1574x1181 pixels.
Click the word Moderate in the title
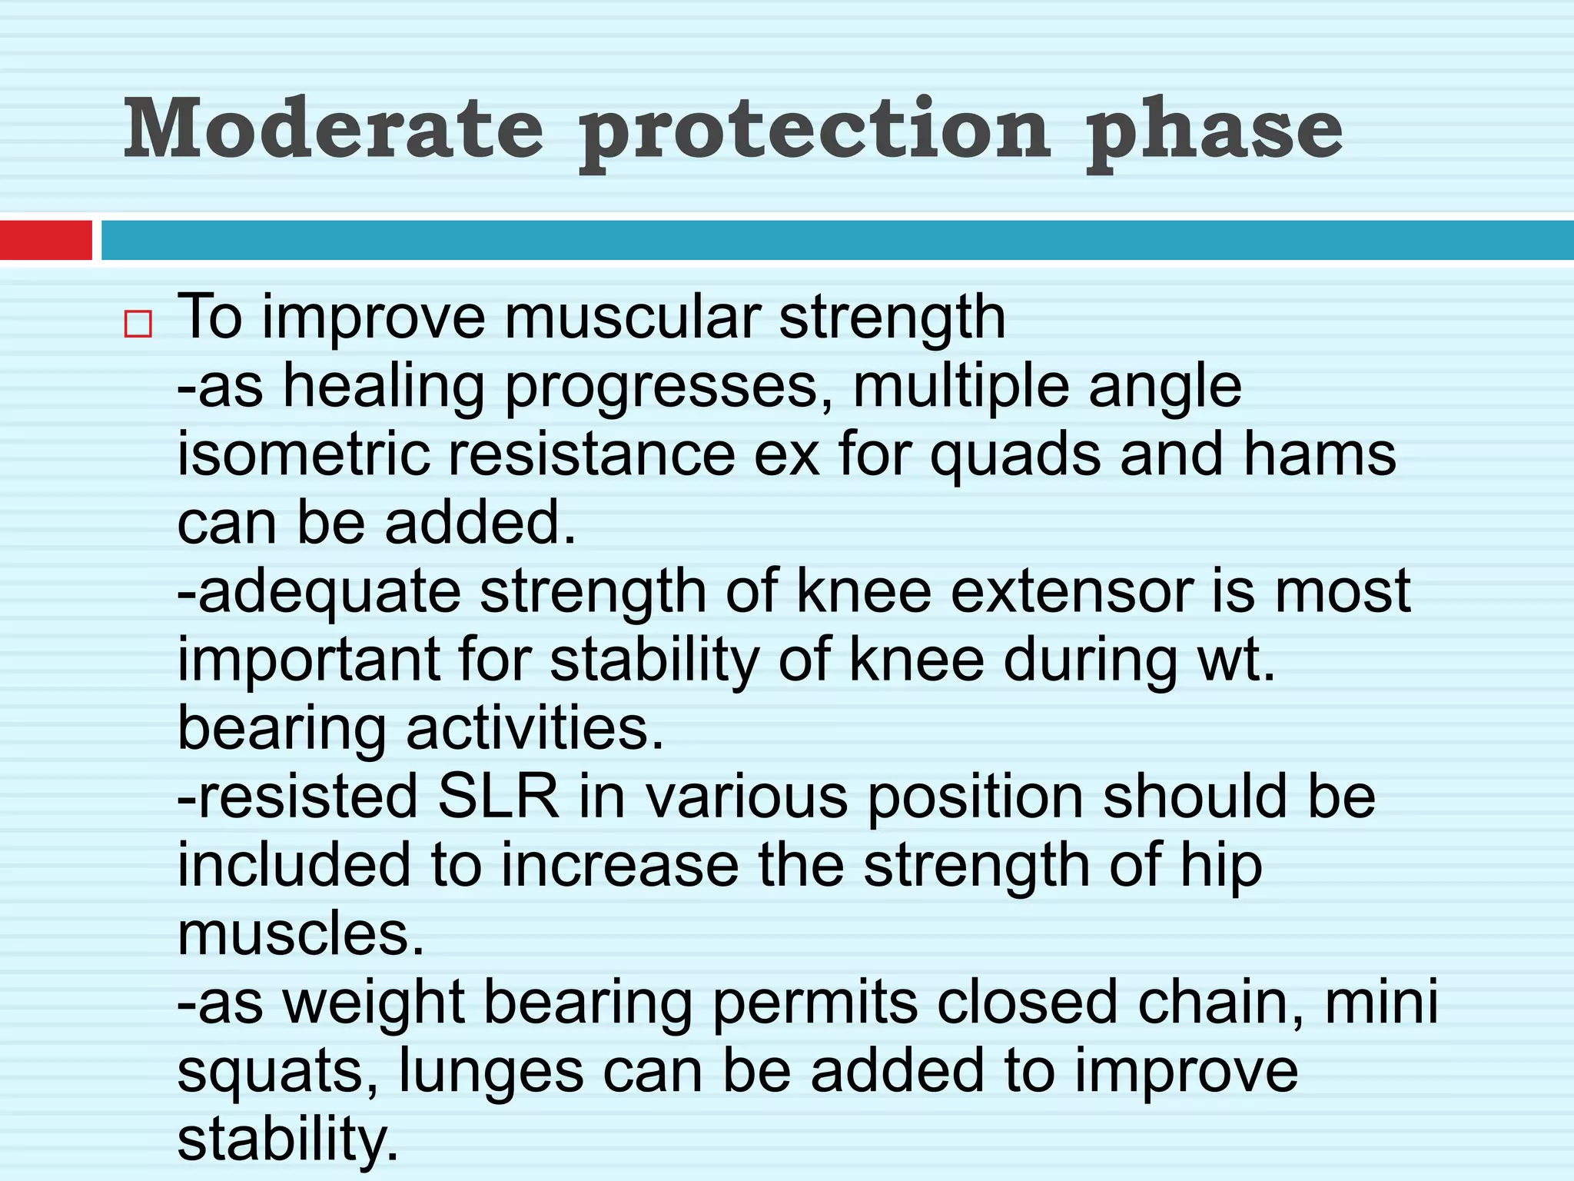tap(334, 129)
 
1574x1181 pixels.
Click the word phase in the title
tap(1214, 132)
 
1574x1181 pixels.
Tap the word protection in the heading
tap(815, 132)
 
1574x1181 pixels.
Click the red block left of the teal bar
tap(46, 240)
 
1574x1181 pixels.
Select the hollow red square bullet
tap(138, 324)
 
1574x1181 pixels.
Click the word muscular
tap(632, 317)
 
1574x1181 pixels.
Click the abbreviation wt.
tap(1237, 660)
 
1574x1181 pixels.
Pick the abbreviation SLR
tap(498, 797)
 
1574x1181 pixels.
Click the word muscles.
tap(301, 933)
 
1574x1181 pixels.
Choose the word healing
tap(384, 386)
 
